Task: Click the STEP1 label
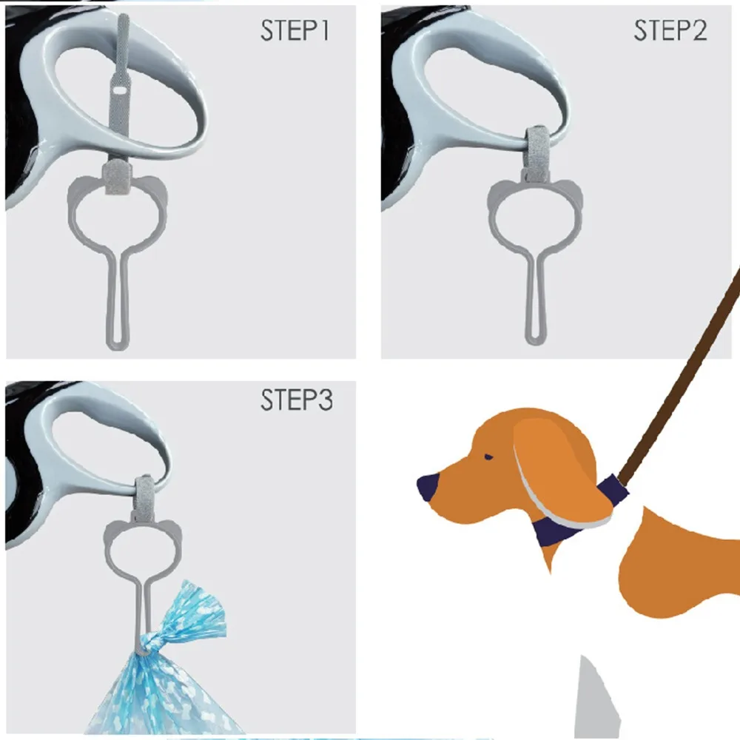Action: (x=295, y=31)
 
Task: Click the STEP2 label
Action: (x=670, y=31)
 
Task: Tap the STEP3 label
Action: (x=295, y=400)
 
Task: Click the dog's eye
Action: (x=488, y=457)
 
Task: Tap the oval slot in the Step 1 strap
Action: (x=118, y=90)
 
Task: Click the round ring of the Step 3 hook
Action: (x=144, y=552)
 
